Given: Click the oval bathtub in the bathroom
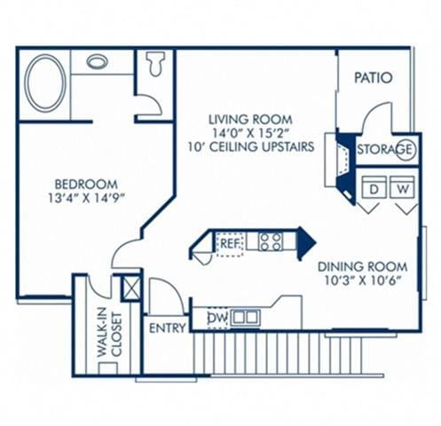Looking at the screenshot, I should pyautogui.click(x=45, y=83).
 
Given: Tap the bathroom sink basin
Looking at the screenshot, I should pyautogui.click(x=98, y=62).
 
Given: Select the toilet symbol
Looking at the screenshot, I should pyautogui.click(x=156, y=63).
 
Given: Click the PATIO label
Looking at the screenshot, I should pyautogui.click(x=374, y=78).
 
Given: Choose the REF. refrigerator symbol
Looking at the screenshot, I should pyautogui.click(x=229, y=241).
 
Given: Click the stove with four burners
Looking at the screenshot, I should pyautogui.click(x=271, y=241).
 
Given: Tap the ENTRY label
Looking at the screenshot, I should pyautogui.click(x=168, y=327).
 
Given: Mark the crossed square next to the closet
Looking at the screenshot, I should pyautogui.click(x=131, y=288).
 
